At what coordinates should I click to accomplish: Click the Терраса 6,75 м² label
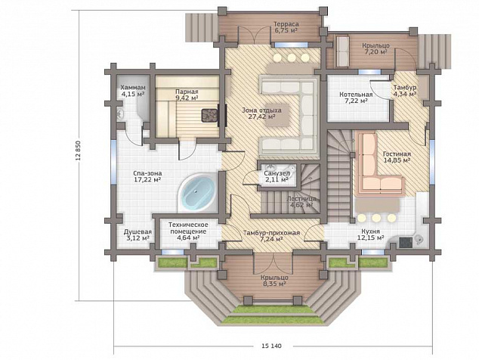(x=286, y=27)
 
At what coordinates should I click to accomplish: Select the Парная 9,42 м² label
(x=187, y=95)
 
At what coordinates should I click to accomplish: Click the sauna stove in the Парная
(x=209, y=116)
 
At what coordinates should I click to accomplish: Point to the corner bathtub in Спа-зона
(x=197, y=192)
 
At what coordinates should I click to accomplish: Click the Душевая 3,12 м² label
(x=138, y=235)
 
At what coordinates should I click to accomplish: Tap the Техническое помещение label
(x=188, y=228)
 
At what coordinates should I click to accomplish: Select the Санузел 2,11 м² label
(x=277, y=176)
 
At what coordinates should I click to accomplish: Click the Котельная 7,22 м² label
(x=356, y=98)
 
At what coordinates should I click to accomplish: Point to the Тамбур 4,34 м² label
(x=405, y=91)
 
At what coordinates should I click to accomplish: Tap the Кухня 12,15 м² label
(x=370, y=234)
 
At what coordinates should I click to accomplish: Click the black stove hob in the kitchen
(x=406, y=242)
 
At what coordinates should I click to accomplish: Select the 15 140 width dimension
(x=271, y=346)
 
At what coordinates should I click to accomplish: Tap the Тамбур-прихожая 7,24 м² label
(x=271, y=236)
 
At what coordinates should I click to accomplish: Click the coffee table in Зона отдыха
(x=278, y=116)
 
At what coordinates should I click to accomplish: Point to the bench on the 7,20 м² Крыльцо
(x=343, y=51)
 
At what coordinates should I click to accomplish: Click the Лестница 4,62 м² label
(x=301, y=202)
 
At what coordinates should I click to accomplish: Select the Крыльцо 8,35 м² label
(x=274, y=281)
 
